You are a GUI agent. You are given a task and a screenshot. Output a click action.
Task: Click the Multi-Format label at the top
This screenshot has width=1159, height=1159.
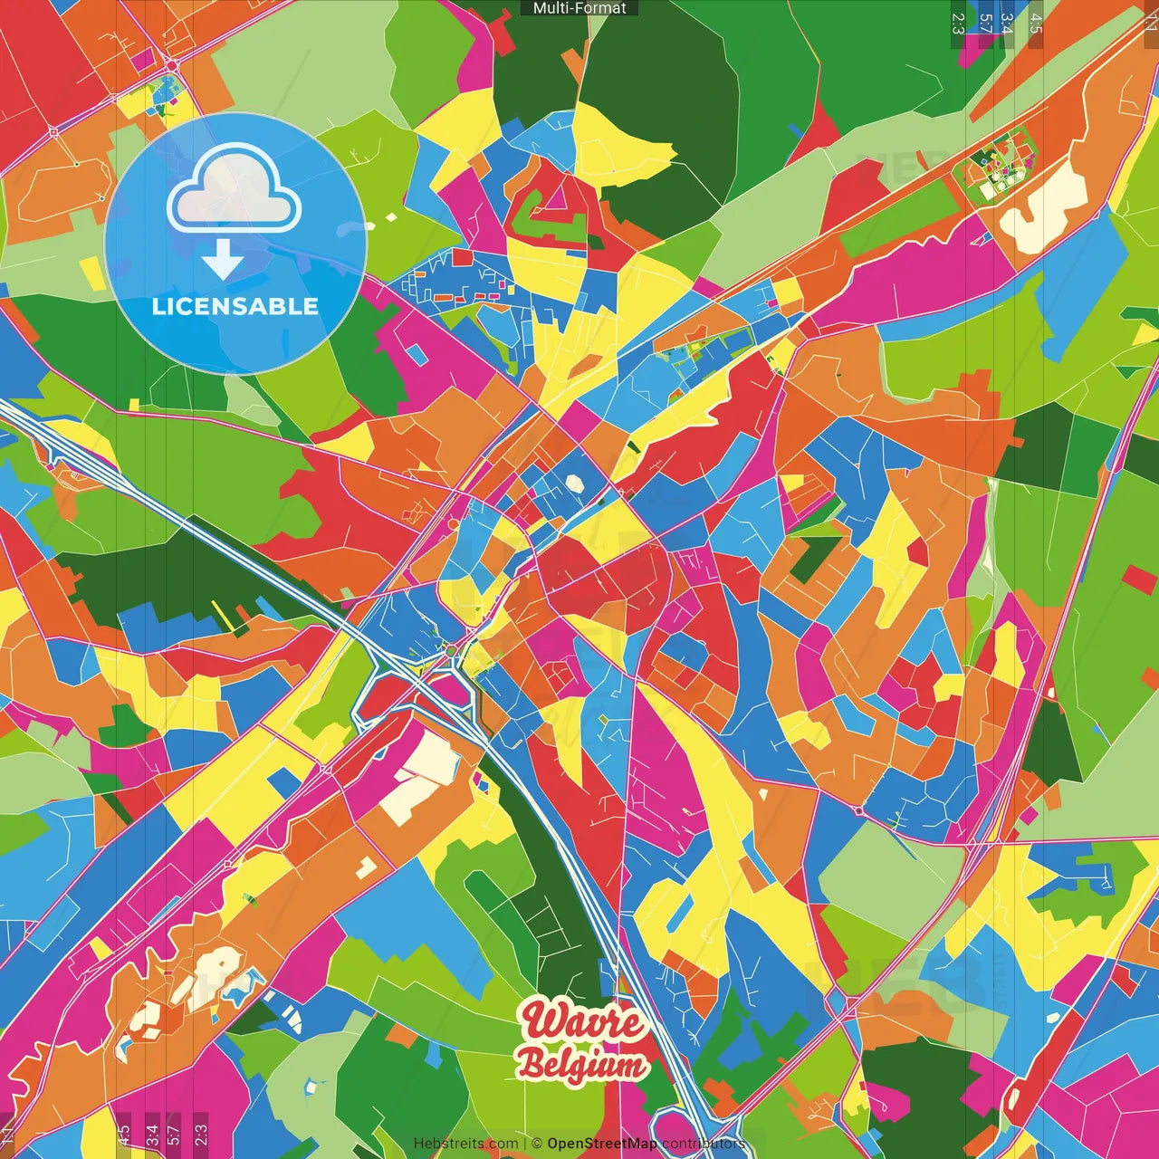(x=579, y=8)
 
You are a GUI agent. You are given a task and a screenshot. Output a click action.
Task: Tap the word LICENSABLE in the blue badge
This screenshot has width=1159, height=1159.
(x=235, y=306)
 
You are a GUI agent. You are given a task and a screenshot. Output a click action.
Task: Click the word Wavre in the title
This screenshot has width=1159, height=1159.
(x=583, y=1021)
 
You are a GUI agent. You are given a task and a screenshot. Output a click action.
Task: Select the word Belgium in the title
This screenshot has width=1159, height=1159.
(x=584, y=1065)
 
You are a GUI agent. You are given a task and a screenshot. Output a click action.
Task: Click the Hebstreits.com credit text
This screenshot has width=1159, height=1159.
(x=465, y=1144)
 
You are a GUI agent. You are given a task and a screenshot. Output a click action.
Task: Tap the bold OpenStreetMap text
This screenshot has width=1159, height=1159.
(x=602, y=1144)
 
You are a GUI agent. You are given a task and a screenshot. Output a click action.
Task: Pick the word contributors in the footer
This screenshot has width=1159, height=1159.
(x=704, y=1144)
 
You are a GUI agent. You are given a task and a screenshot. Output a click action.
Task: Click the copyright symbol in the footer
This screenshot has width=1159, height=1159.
(x=537, y=1144)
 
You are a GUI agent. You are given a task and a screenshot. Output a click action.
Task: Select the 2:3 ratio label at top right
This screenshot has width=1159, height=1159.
(x=958, y=23)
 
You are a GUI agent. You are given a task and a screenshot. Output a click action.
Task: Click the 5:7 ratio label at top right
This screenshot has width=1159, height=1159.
(x=984, y=23)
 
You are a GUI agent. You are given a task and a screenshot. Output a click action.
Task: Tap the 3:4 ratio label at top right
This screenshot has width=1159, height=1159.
(x=1007, y=23)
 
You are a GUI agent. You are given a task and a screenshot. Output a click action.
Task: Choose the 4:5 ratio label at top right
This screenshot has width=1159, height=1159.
(x=1036, y=23)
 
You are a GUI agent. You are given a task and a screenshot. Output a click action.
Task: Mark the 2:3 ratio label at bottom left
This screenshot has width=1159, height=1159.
(x=201, y=1135)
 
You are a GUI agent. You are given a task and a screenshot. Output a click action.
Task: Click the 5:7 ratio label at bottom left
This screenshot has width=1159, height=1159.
(x=175, y=1135)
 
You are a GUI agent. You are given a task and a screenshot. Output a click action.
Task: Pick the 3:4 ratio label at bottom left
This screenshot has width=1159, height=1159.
(x=152, y=1135)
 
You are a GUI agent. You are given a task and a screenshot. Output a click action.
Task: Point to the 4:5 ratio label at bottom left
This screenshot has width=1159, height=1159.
(x=123, y=1135)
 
